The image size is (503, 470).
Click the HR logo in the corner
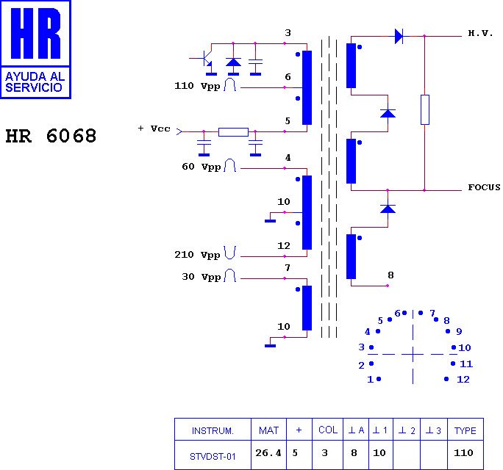35,49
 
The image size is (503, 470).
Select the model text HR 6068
51,137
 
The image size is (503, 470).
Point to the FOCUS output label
484,187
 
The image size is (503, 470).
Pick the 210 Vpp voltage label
198,255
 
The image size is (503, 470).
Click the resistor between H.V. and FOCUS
424,109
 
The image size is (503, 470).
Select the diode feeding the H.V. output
399,35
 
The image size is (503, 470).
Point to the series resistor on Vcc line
233,132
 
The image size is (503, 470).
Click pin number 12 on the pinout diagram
463,380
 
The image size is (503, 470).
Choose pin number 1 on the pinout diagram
370,380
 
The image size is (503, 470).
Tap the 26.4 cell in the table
268,453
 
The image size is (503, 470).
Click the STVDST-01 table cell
213,456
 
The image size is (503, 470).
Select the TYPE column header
465,430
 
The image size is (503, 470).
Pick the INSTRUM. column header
213,430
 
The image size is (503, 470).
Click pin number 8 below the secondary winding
390,275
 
